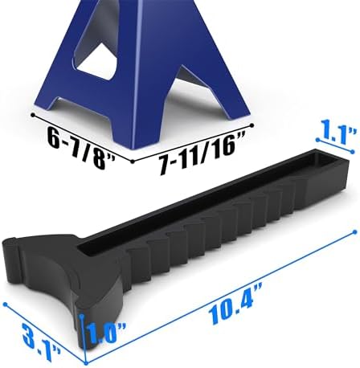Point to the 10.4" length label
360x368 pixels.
coord(235,304)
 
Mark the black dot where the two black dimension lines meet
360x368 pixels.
coord(132,162)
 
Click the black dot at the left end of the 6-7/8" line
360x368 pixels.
coord(33,115)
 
